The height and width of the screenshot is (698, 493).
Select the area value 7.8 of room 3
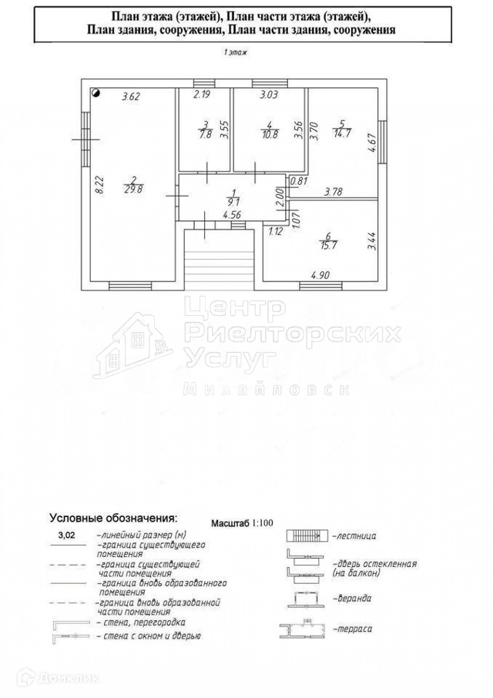click(x=205, y=133)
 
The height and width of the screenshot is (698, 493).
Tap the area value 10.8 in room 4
click(x=269, y=133)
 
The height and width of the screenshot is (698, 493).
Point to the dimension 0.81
click(x=299, y=182)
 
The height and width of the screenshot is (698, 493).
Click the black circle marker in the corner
click(x=96, y=93)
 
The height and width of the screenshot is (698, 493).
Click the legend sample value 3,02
click(x=67, y=533)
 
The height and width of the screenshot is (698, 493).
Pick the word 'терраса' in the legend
click(x=354, y=629)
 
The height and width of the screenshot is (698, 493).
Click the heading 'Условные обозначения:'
click(x=113, y=517)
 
